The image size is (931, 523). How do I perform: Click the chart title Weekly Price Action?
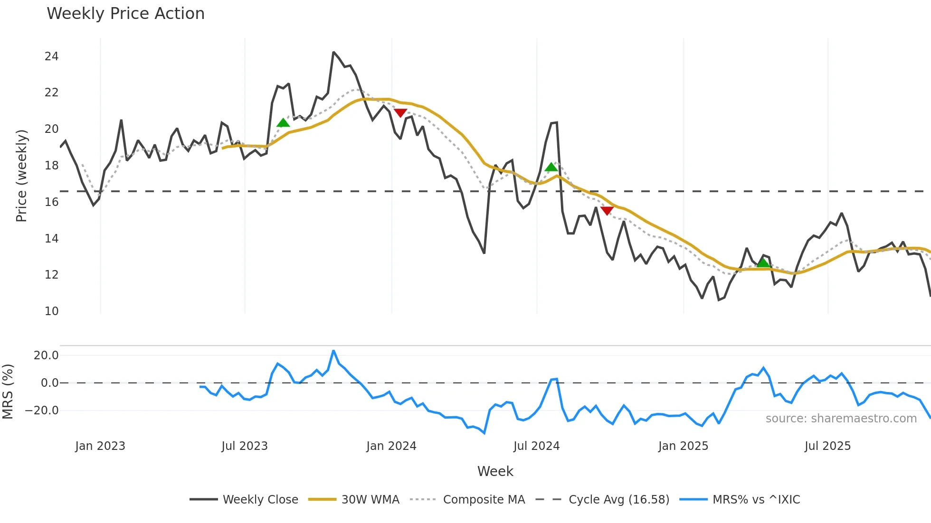(125, 14)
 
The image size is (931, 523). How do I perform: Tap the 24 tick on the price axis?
(51, 56)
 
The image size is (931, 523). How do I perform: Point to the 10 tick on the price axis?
(51, 311)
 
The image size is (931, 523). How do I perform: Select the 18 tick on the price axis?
(51, 166)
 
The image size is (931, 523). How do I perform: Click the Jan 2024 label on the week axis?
(391, 446)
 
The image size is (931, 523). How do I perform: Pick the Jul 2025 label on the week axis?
(827, 446)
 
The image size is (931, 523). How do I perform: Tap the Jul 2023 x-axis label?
(245, 446)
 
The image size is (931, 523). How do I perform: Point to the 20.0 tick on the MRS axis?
(46, 355)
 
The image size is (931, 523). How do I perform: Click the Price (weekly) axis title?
(21, 176)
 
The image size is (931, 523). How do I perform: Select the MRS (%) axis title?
(8, 392)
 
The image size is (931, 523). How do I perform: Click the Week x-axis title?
(495, 471)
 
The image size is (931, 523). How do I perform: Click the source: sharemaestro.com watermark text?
(841, 419)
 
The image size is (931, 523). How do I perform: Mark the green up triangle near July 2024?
(551, 167)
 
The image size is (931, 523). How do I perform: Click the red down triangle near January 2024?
(400, 113)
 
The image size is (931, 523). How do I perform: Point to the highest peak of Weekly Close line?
(333, 52)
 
